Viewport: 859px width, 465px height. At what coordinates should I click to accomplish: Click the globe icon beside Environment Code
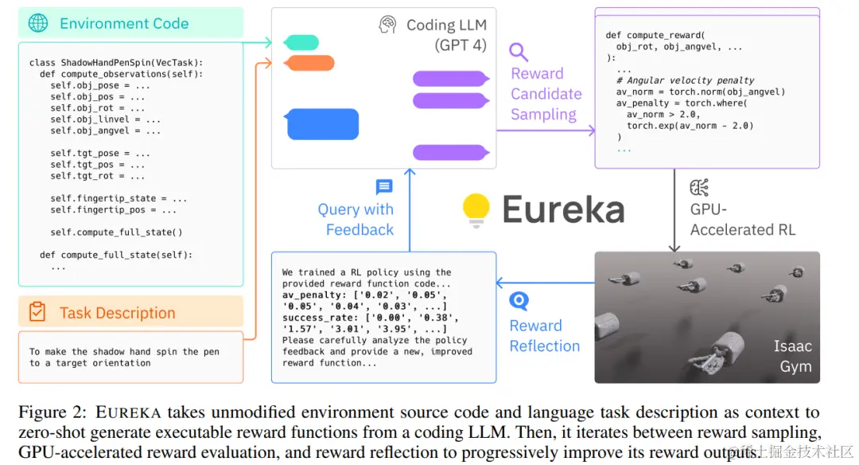pos(38,23)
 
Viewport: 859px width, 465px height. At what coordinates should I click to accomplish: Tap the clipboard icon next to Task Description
pos(37,312)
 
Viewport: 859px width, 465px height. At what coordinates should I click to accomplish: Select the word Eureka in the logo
pos(563,209)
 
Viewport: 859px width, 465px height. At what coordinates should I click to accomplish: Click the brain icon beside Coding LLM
pos(387,25)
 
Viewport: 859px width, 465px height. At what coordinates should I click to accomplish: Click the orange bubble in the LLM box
pos(309,63)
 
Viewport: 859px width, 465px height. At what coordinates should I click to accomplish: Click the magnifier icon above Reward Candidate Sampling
pos(519,53)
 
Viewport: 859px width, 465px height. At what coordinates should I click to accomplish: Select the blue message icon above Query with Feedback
pos(384,187)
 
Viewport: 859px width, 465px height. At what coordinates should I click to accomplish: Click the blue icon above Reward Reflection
pos(519,301)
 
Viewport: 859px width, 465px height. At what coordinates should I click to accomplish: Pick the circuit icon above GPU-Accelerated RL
pos(700,188)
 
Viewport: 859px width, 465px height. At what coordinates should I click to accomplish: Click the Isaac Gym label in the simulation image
pos(794,356)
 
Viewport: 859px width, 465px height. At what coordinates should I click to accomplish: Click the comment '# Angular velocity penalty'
pos(685,80)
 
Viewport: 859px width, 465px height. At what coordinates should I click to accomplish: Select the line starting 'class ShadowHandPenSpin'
pos(116,62)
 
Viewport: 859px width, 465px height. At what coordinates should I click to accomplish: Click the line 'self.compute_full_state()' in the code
pos(116,232)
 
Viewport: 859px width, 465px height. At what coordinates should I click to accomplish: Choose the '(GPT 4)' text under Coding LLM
pos(460,45)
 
